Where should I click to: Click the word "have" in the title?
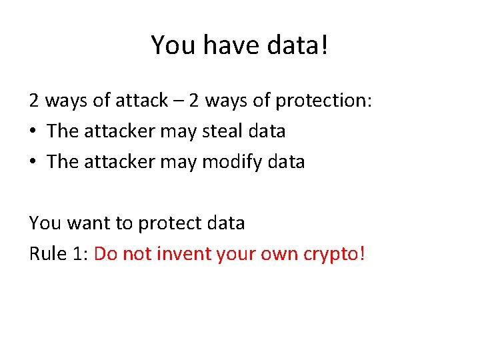221,45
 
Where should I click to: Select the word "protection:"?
323,101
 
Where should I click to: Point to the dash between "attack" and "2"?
178,101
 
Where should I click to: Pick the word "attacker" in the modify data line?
119,162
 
